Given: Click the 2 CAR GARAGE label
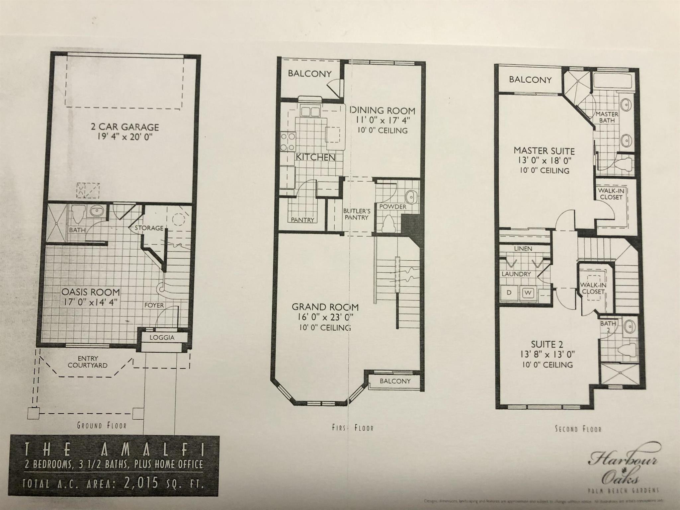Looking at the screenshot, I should tap(125, 127).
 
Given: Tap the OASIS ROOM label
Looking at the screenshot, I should tap(91, 292).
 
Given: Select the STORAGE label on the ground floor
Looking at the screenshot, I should tap(149, 228).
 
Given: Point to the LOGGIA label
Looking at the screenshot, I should tap(162, 338).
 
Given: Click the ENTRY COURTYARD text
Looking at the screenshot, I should tap(88, 362).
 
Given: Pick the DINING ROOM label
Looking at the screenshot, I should tap(383, 111).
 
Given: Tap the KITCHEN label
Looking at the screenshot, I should tap(315, 157).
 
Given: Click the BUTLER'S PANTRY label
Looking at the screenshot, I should tap(356, 214).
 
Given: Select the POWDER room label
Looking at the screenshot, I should tap(393, 207).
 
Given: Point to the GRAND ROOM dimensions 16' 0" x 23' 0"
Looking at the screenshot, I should tap(325, 316).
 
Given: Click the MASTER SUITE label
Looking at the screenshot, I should tap(544, 151).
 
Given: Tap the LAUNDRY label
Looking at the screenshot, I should tap(516, 274).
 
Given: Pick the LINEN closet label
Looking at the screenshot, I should tap(523, 248).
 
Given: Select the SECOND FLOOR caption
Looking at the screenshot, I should tap(578, 429).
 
